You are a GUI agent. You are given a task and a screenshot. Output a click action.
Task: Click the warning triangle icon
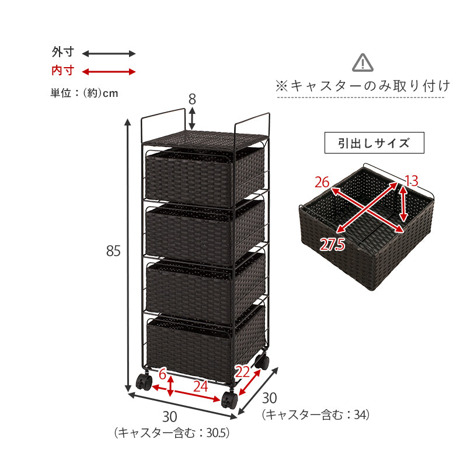click(363, 62)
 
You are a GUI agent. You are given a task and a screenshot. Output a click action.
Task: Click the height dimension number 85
click(113, 251)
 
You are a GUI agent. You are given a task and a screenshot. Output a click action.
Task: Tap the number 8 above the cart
click(192, 99)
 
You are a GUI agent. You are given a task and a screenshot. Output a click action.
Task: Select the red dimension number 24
click(200, 386)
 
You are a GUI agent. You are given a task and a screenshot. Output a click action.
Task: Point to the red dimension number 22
click(243, 371)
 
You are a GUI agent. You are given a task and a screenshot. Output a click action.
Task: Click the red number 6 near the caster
click(163, 374)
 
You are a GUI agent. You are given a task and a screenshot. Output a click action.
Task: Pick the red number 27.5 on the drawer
click(333, 245)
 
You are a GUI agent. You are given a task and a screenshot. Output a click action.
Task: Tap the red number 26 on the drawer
click(322, 183)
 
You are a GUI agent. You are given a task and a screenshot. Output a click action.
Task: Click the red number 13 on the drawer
click(412, 180)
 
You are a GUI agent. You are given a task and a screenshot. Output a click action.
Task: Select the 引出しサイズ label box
click(374, 143)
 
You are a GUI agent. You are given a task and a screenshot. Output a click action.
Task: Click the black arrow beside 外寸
click(109, 54)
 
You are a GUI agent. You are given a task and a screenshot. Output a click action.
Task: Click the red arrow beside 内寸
click(109, 72)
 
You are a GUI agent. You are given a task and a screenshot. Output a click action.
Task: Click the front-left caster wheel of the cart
click(144, 382)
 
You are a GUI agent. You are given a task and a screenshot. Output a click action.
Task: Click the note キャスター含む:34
click(315, 414)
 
